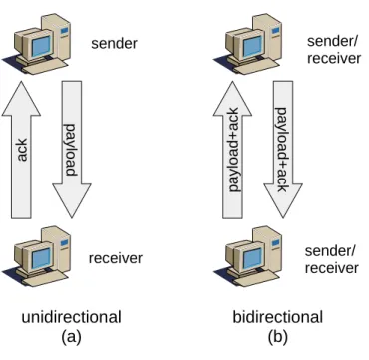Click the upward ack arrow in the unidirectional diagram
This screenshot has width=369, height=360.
[21, 150]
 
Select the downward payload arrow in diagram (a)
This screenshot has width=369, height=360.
[72, 150]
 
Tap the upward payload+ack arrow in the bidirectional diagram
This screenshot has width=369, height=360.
[232, 150]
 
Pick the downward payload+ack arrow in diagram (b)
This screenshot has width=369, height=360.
[283, 150]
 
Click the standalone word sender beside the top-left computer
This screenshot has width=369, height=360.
[114, 44]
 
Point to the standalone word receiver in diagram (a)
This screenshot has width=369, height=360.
[116, 258]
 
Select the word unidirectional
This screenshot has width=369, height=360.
[71, 317]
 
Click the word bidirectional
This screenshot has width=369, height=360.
[278, 317]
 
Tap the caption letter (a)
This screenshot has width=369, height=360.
[71, 338]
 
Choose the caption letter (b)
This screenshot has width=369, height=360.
[278, 338]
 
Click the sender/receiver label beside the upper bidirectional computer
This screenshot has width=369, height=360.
[334, 50]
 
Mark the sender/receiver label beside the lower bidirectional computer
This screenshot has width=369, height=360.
[332, 259]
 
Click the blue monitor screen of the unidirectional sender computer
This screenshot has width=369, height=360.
[42, 46]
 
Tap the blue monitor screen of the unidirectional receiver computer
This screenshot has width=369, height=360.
[42, 258]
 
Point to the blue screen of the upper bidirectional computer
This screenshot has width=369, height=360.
[253, 46]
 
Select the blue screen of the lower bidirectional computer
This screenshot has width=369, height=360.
[253, 258]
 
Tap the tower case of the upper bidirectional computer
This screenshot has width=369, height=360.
[269, 38]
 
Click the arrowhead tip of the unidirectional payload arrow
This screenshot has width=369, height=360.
[72, 218]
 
